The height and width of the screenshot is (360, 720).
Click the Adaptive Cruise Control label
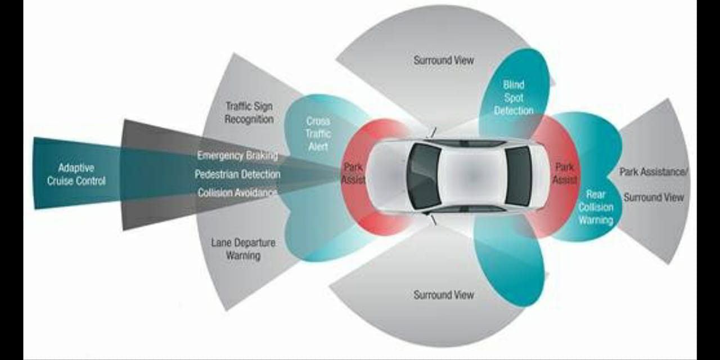(76, 174)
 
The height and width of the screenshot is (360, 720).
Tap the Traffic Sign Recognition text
(249, 112)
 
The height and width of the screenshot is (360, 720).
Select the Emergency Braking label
(237, 155)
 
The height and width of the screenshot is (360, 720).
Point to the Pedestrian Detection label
(237, 174)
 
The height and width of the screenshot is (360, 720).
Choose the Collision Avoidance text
(237, 193)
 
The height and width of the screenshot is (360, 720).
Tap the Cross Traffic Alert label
(318, 134)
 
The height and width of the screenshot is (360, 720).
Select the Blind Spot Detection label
(514, 97)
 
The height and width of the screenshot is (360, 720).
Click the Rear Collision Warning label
(596, 207)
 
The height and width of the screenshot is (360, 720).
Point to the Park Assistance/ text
(653, 172)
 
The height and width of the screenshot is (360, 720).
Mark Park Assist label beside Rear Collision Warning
(564, 173)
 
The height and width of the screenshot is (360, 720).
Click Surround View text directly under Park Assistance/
(654, 197)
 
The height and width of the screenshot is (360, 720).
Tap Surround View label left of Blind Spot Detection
(444, 60)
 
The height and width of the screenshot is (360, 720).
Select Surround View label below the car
(444, 295)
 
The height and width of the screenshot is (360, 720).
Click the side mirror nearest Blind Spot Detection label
(432, 133)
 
